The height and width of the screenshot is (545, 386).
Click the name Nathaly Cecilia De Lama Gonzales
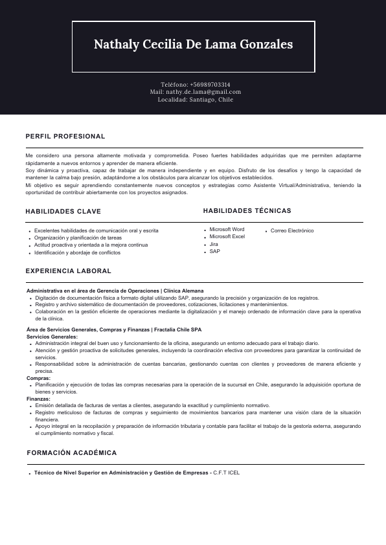tap(193, 45)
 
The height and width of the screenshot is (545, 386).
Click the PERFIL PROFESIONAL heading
tap(65, 137)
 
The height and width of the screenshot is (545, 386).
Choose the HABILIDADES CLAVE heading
tap(63, 212)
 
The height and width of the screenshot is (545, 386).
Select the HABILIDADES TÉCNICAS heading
tap(247, 211)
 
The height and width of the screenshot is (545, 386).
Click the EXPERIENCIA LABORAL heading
tap(68, 271)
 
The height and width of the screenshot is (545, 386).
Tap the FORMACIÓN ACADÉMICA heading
tap(71, 453)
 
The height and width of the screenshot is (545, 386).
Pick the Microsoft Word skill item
tap(227, 230)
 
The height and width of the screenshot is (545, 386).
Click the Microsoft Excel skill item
tap(227, 237)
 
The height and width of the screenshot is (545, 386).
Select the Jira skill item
tap(214, 244)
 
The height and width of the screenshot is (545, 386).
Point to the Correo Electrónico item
tap(292, 231)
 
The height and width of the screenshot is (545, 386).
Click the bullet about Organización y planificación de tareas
tap(78, 238)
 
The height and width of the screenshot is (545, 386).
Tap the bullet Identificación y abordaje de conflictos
tap(77, 253)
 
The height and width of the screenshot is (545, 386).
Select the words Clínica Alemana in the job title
tap(183, 291)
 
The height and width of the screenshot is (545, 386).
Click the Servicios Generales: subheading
tap(52, 337)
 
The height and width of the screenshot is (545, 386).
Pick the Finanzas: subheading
tap(38, 399)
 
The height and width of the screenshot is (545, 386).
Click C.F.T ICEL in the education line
tap(226, 473)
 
